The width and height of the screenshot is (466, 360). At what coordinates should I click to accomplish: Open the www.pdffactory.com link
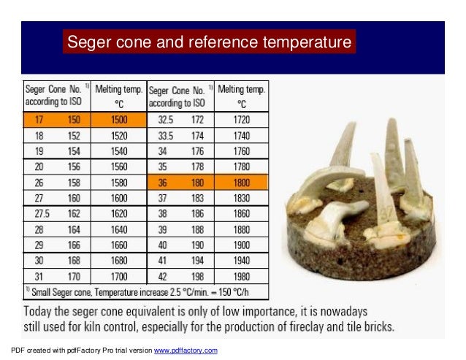(184, 351)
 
